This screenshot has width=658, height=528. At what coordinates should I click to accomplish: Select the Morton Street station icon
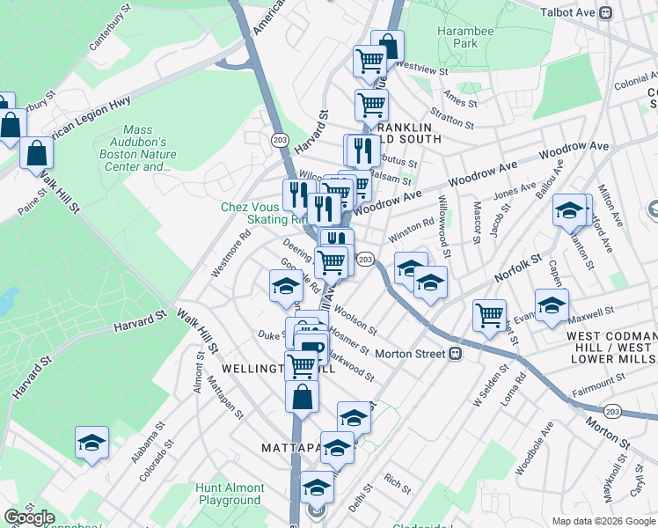click(456, 354)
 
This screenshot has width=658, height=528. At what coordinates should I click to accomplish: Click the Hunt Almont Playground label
click(230, 494)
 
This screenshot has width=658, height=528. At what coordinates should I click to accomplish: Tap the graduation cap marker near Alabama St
click(91, 444)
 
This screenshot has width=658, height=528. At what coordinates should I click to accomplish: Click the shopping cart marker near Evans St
click(489, 315)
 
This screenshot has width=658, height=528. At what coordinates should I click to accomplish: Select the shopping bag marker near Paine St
click(37, 153)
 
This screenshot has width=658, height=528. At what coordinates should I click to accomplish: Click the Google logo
click(28, 517)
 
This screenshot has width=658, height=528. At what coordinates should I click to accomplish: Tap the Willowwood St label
click(444, 226)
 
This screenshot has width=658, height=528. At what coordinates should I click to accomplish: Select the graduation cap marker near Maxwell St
click(552, 306)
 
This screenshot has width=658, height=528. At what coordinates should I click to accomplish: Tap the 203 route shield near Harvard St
click(280, 140)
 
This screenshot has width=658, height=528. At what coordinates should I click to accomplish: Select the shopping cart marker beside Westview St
click(370, 62)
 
